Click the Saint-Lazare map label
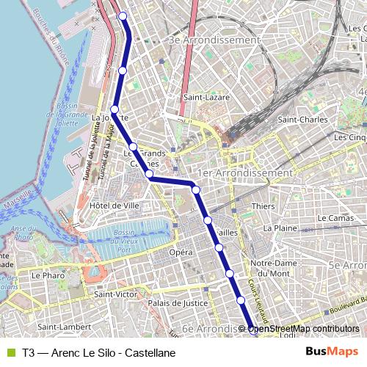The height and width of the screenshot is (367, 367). (206, 97)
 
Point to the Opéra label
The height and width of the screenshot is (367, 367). (181, 252)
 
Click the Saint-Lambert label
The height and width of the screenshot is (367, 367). (64, 327)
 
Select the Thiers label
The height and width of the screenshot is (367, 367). (263, 206)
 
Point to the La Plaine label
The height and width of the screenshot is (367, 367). (280, 228)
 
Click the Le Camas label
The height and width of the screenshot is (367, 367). (336, 219)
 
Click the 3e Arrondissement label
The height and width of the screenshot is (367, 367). (214, 40)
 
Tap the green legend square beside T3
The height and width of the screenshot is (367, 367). (10, 352)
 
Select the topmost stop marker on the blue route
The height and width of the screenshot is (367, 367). (123, 16)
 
